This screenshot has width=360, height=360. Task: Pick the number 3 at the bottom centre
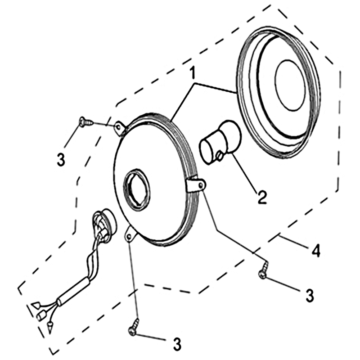(177, 344)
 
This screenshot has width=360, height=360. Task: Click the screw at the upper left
(86, 121)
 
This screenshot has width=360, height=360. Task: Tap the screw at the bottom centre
(134, 325)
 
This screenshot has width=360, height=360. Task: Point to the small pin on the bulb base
(219, 156)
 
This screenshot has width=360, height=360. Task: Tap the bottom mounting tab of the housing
(130, 234)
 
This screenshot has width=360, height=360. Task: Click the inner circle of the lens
(290, 85)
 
